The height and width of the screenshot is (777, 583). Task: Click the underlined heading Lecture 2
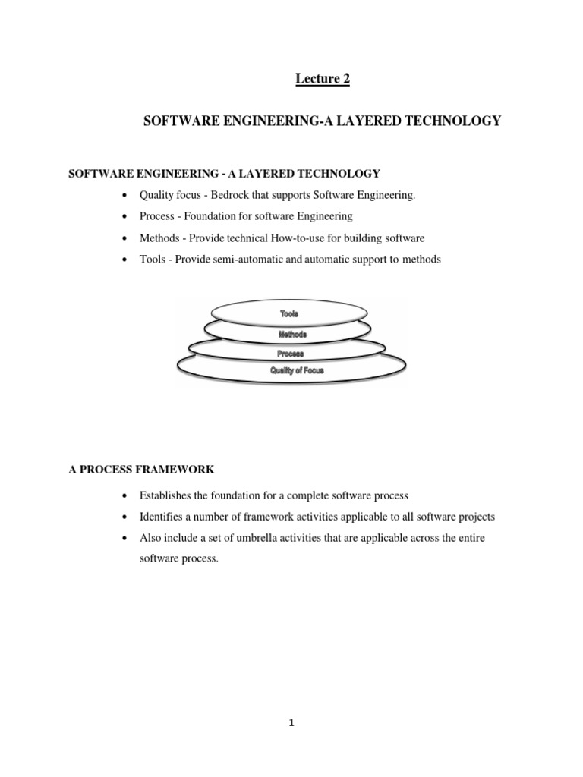[x=323, y=80]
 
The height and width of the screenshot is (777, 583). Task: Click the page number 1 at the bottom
[x=291, y=723]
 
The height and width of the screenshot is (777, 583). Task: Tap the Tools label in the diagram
[x=288, y=313]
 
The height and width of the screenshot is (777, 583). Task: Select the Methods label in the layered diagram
[x=291, y=333]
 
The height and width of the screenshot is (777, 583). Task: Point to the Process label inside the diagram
[x=290, y=354]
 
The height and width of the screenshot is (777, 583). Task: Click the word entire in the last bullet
[x=468, y=537]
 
